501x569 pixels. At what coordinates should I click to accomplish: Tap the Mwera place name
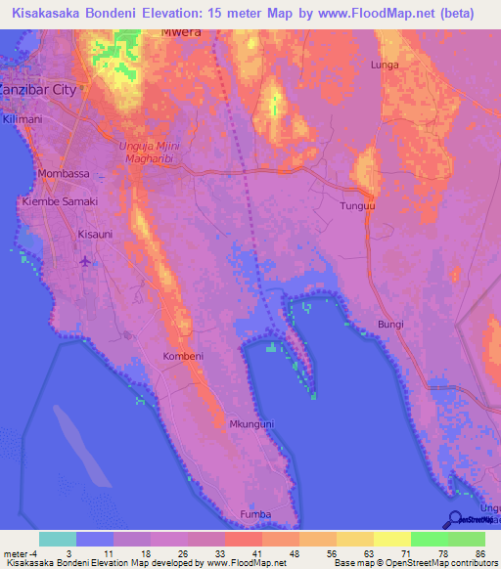click(181, 31)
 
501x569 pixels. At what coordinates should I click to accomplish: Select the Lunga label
click(385, 65)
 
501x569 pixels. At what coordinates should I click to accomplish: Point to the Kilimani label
click(23, 118)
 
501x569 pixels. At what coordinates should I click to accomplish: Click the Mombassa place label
click(63, 174)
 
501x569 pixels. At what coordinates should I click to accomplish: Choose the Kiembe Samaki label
click(60, 201)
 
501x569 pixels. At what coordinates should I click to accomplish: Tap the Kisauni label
click(96, 235)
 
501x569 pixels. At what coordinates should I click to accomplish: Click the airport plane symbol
click(85, 261)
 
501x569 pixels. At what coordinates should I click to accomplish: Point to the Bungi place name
click(390, 325)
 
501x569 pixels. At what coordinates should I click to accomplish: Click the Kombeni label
click(183, 356)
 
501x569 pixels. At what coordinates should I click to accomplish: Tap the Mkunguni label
click(250, 424)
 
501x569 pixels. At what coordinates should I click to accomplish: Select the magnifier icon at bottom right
click(455, 520)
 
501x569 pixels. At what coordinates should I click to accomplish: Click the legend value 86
click(479, 553)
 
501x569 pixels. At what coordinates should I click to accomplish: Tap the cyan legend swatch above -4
click(58, 539)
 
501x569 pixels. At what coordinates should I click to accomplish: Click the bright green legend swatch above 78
click(430, 539)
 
